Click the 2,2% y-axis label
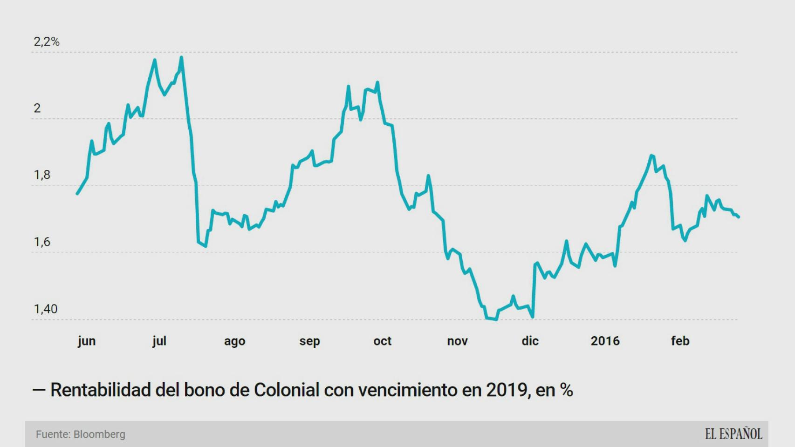click(x=47, y=42)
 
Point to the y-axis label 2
click(x=37, y=108)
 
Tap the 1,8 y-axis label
click(x=42, y=175)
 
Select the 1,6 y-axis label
click(x=42, y=242)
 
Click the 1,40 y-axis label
click(x=45, y=309)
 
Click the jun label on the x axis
click(x=87, y=341)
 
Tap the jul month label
click(x=159, y=341)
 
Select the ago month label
click(x=234, y=341)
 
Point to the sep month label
click(x=309, y=341)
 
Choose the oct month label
click(x=382, y=341)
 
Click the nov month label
click(x=457, y=341)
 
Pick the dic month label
click(x=530, y=341)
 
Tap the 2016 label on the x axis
click(x=605, y=341)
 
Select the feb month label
click(x=680, y=341)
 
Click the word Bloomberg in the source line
click(x=99, y=434)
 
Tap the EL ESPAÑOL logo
click(x=733, y=434)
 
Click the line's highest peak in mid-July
click(x=181, y=58)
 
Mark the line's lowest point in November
click(x=496, y=320)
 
